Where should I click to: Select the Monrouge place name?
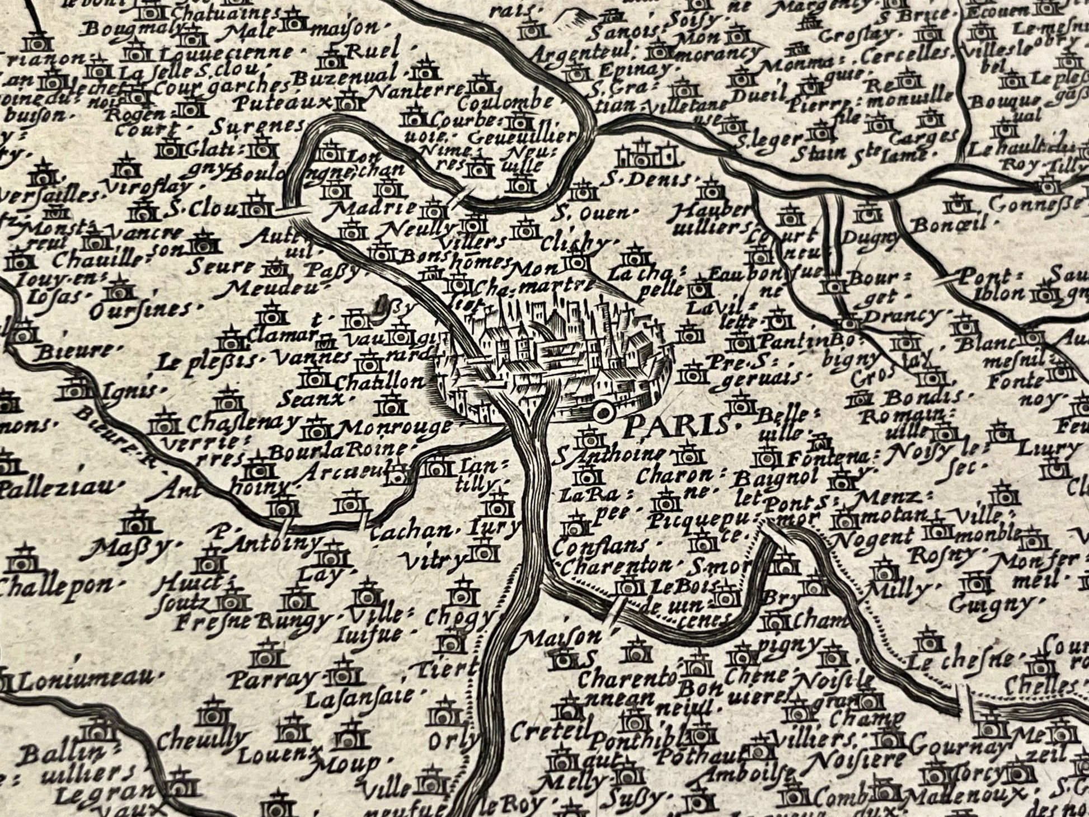[395, 428]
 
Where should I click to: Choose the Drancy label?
[902, 316]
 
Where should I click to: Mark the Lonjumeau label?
[85, 679]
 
